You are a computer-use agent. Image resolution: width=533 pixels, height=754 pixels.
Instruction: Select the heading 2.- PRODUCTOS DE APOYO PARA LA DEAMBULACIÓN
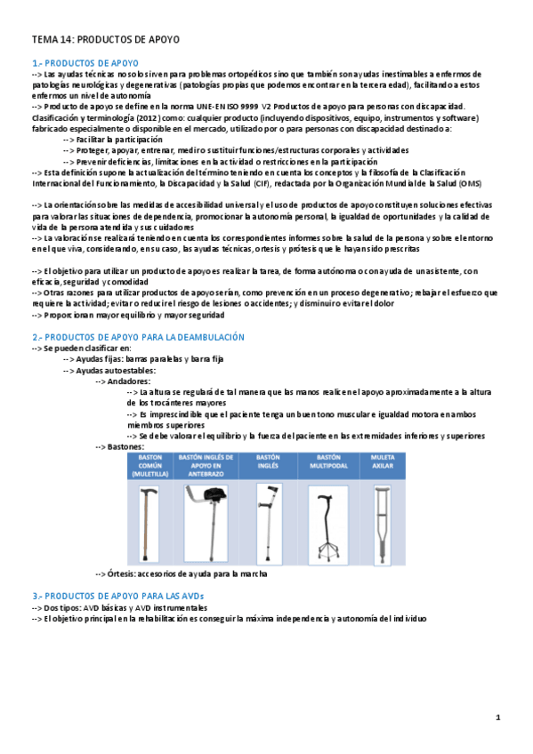137,337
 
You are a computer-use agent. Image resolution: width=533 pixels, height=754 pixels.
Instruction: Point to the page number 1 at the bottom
498,718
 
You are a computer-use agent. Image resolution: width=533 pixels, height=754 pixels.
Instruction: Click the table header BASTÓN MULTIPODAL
324,462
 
